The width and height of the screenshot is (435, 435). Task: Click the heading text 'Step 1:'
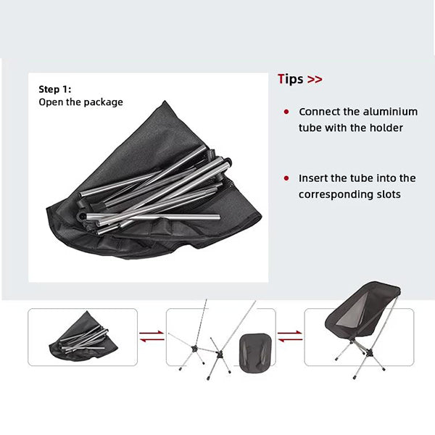tap(55, 89)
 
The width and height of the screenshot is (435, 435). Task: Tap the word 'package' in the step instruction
tap(103, 102)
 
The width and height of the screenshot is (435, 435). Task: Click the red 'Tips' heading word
tap(291, 79)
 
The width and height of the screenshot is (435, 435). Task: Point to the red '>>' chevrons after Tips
tap(315, 80)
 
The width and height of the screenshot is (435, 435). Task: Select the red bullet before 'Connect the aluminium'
tap(286, 112)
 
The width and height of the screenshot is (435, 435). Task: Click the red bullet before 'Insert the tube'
tap(286, 178)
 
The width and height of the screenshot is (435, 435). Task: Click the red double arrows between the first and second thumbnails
tap(152, 336)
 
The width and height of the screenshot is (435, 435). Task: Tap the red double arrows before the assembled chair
tap(290, 336)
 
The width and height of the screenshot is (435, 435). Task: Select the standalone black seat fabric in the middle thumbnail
tap(255, 352)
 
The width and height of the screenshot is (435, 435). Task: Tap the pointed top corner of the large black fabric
tap(165, 101)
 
